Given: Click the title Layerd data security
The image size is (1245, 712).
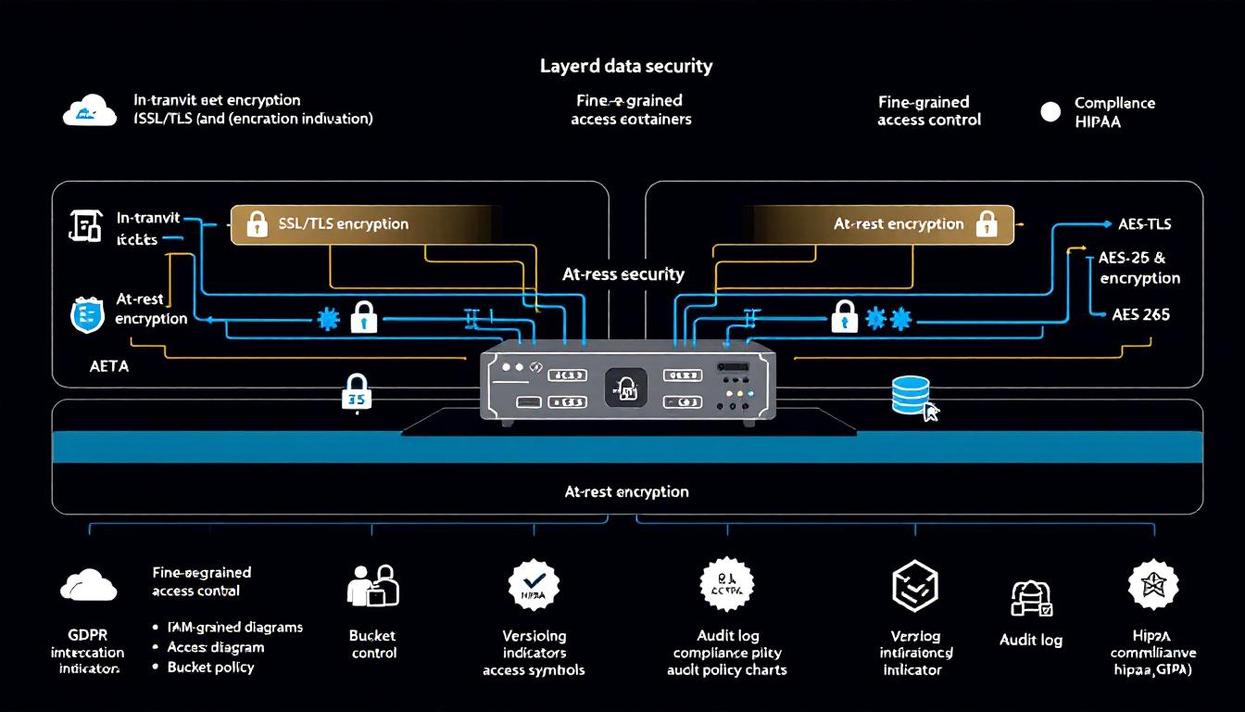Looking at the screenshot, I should click(x=626, y=66).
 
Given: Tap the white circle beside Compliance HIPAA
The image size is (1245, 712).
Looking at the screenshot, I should click(x=1050, y=112).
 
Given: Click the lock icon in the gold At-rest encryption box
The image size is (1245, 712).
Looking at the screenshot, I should click(x=987, y=223).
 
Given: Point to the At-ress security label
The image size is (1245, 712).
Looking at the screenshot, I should click(x=623, y=274).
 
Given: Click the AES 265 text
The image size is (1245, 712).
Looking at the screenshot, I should click(x=1140, y=314).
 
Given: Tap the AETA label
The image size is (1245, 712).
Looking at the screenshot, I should click(x=109, y=366).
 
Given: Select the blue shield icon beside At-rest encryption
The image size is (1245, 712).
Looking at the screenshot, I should click(x=87, y=315).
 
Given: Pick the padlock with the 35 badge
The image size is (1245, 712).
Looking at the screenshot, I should click(x=356, y=393).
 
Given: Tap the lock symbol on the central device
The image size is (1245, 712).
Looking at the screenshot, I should click(x=625, y=387).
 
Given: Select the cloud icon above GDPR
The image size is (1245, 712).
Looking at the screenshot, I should click(x=88, y=585).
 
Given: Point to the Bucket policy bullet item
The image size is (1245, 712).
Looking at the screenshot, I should click(x=210, y=667).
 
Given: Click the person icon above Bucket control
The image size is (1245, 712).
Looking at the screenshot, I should click(x=372, y=586).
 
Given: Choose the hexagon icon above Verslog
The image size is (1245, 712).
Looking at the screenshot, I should click(x=914, y=585).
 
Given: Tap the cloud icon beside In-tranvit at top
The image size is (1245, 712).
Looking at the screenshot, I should click(x=90, y=112).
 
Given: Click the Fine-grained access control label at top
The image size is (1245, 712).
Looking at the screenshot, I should click(x=928, y=110).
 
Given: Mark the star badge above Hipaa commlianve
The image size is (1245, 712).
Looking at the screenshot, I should click(x=1153, y=584).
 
